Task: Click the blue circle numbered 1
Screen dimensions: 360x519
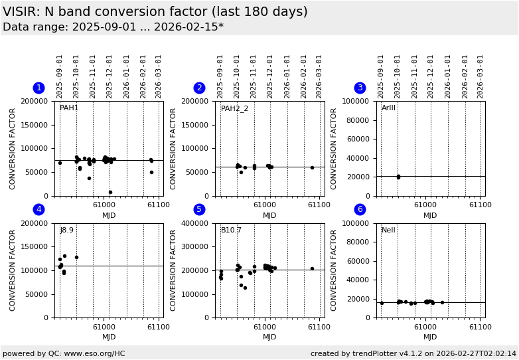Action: click(x=38, y=88)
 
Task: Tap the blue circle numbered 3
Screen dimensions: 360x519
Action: click(x=360, y=88)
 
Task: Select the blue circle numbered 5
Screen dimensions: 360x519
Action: click(x=199, y=209)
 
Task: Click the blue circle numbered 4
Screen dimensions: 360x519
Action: click(x=38, y=209)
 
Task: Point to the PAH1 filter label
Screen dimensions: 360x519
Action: click(x=69, y=108)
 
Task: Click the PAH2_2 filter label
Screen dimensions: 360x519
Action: click(x=234, y=108)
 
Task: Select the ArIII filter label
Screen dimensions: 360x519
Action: click(x=388, y=108)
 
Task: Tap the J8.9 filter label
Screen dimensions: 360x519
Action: click(x=67, y=230)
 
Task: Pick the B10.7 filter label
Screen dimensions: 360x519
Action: click(x=231, y=230)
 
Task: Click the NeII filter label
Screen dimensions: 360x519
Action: click(x=388, y=230)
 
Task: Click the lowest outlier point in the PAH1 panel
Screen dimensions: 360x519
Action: click(x=110, y=193)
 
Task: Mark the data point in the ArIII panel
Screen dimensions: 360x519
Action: click(x=398, y=177)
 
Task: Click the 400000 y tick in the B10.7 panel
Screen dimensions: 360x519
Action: click(x=196, y=223)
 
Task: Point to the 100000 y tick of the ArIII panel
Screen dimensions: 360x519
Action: click(x=357, y=101)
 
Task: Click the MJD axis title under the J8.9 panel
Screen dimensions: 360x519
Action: click(x=109, y=337)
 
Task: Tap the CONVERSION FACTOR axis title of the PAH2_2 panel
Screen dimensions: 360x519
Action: click(x=173, y=149)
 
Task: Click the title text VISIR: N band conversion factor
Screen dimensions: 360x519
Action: click(x=155, y=12)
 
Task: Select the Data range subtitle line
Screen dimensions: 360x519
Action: click(x=113, y=27)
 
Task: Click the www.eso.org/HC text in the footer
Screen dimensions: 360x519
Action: click(x=92, y=354)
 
